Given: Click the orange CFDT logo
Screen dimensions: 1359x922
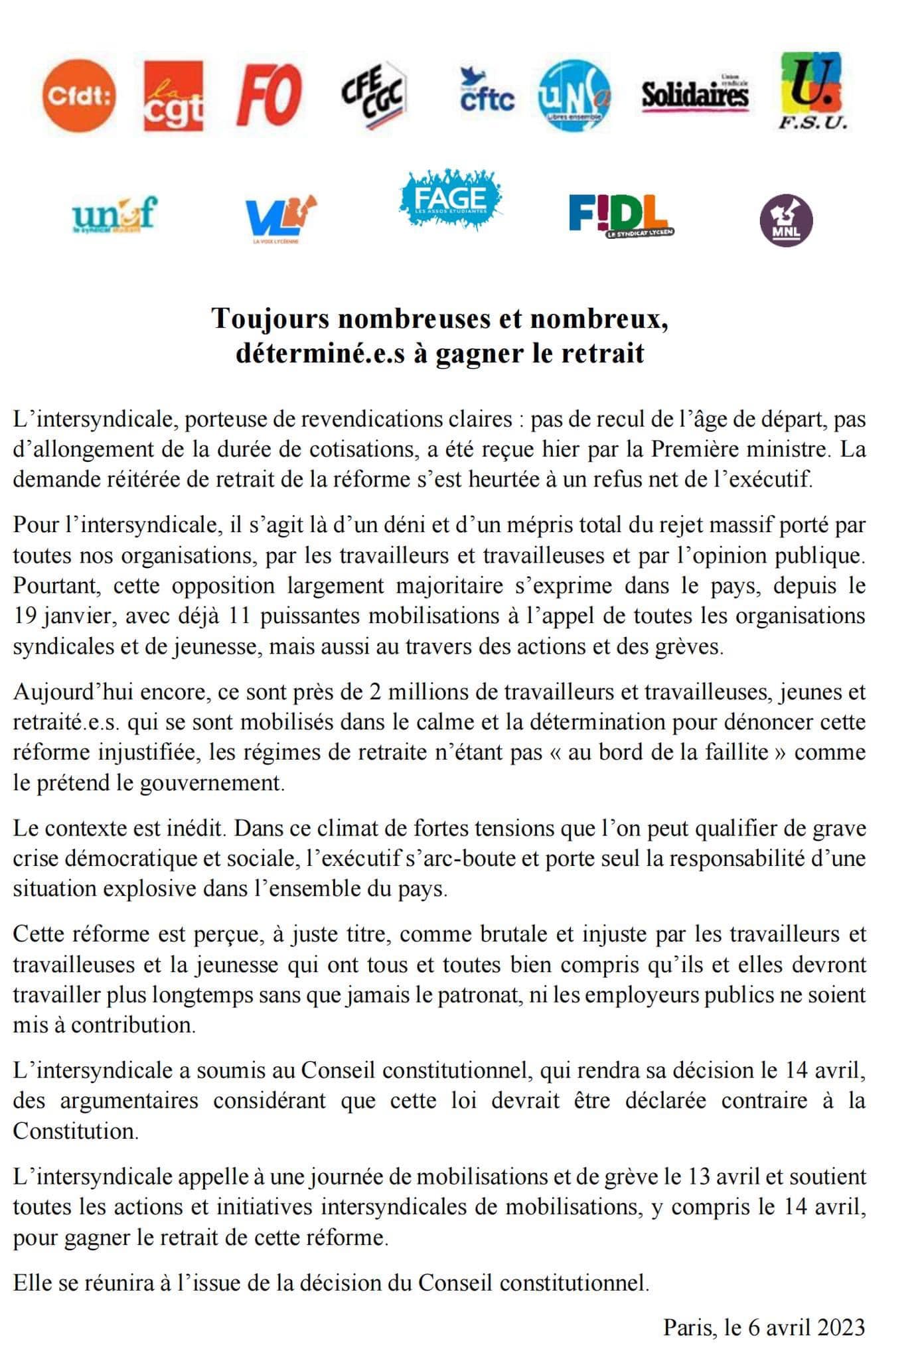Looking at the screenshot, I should tap(78, 96).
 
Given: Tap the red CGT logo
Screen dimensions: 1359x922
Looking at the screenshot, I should tap(173, 96).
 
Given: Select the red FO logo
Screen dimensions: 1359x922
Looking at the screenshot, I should tap(269, 97).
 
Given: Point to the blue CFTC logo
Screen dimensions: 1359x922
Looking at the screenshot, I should tap(487, 93).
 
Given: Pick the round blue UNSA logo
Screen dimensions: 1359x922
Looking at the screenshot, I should tap(574, 96).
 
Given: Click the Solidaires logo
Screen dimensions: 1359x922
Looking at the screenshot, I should tap(695, 94).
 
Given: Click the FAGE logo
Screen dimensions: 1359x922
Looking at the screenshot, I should tap(450, 198).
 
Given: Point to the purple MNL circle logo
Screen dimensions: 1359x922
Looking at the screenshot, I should tap(786, 220).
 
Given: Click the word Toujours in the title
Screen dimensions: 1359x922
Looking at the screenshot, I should tap(269, 319).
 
